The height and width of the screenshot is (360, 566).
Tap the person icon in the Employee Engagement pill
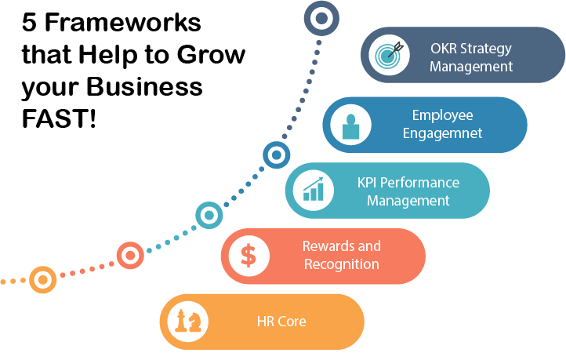click(x=349, y=125)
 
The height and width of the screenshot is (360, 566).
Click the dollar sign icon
click(x=247, y=256)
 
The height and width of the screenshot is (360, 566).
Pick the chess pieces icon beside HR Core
click(x=187, y=322)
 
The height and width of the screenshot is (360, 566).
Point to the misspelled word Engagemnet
click(x=442, y=133)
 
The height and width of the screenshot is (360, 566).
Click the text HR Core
click(x=281, y=322)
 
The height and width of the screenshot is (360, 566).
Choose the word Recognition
click(x=342, y=264)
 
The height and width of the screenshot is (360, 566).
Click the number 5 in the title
click(x=30, y=23)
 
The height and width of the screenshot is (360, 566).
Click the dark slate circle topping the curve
click(x=321, y=16)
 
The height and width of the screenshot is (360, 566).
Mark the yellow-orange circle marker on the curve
click(x=42, y=278)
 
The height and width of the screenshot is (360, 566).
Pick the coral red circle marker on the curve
click(x=130, y=254)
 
